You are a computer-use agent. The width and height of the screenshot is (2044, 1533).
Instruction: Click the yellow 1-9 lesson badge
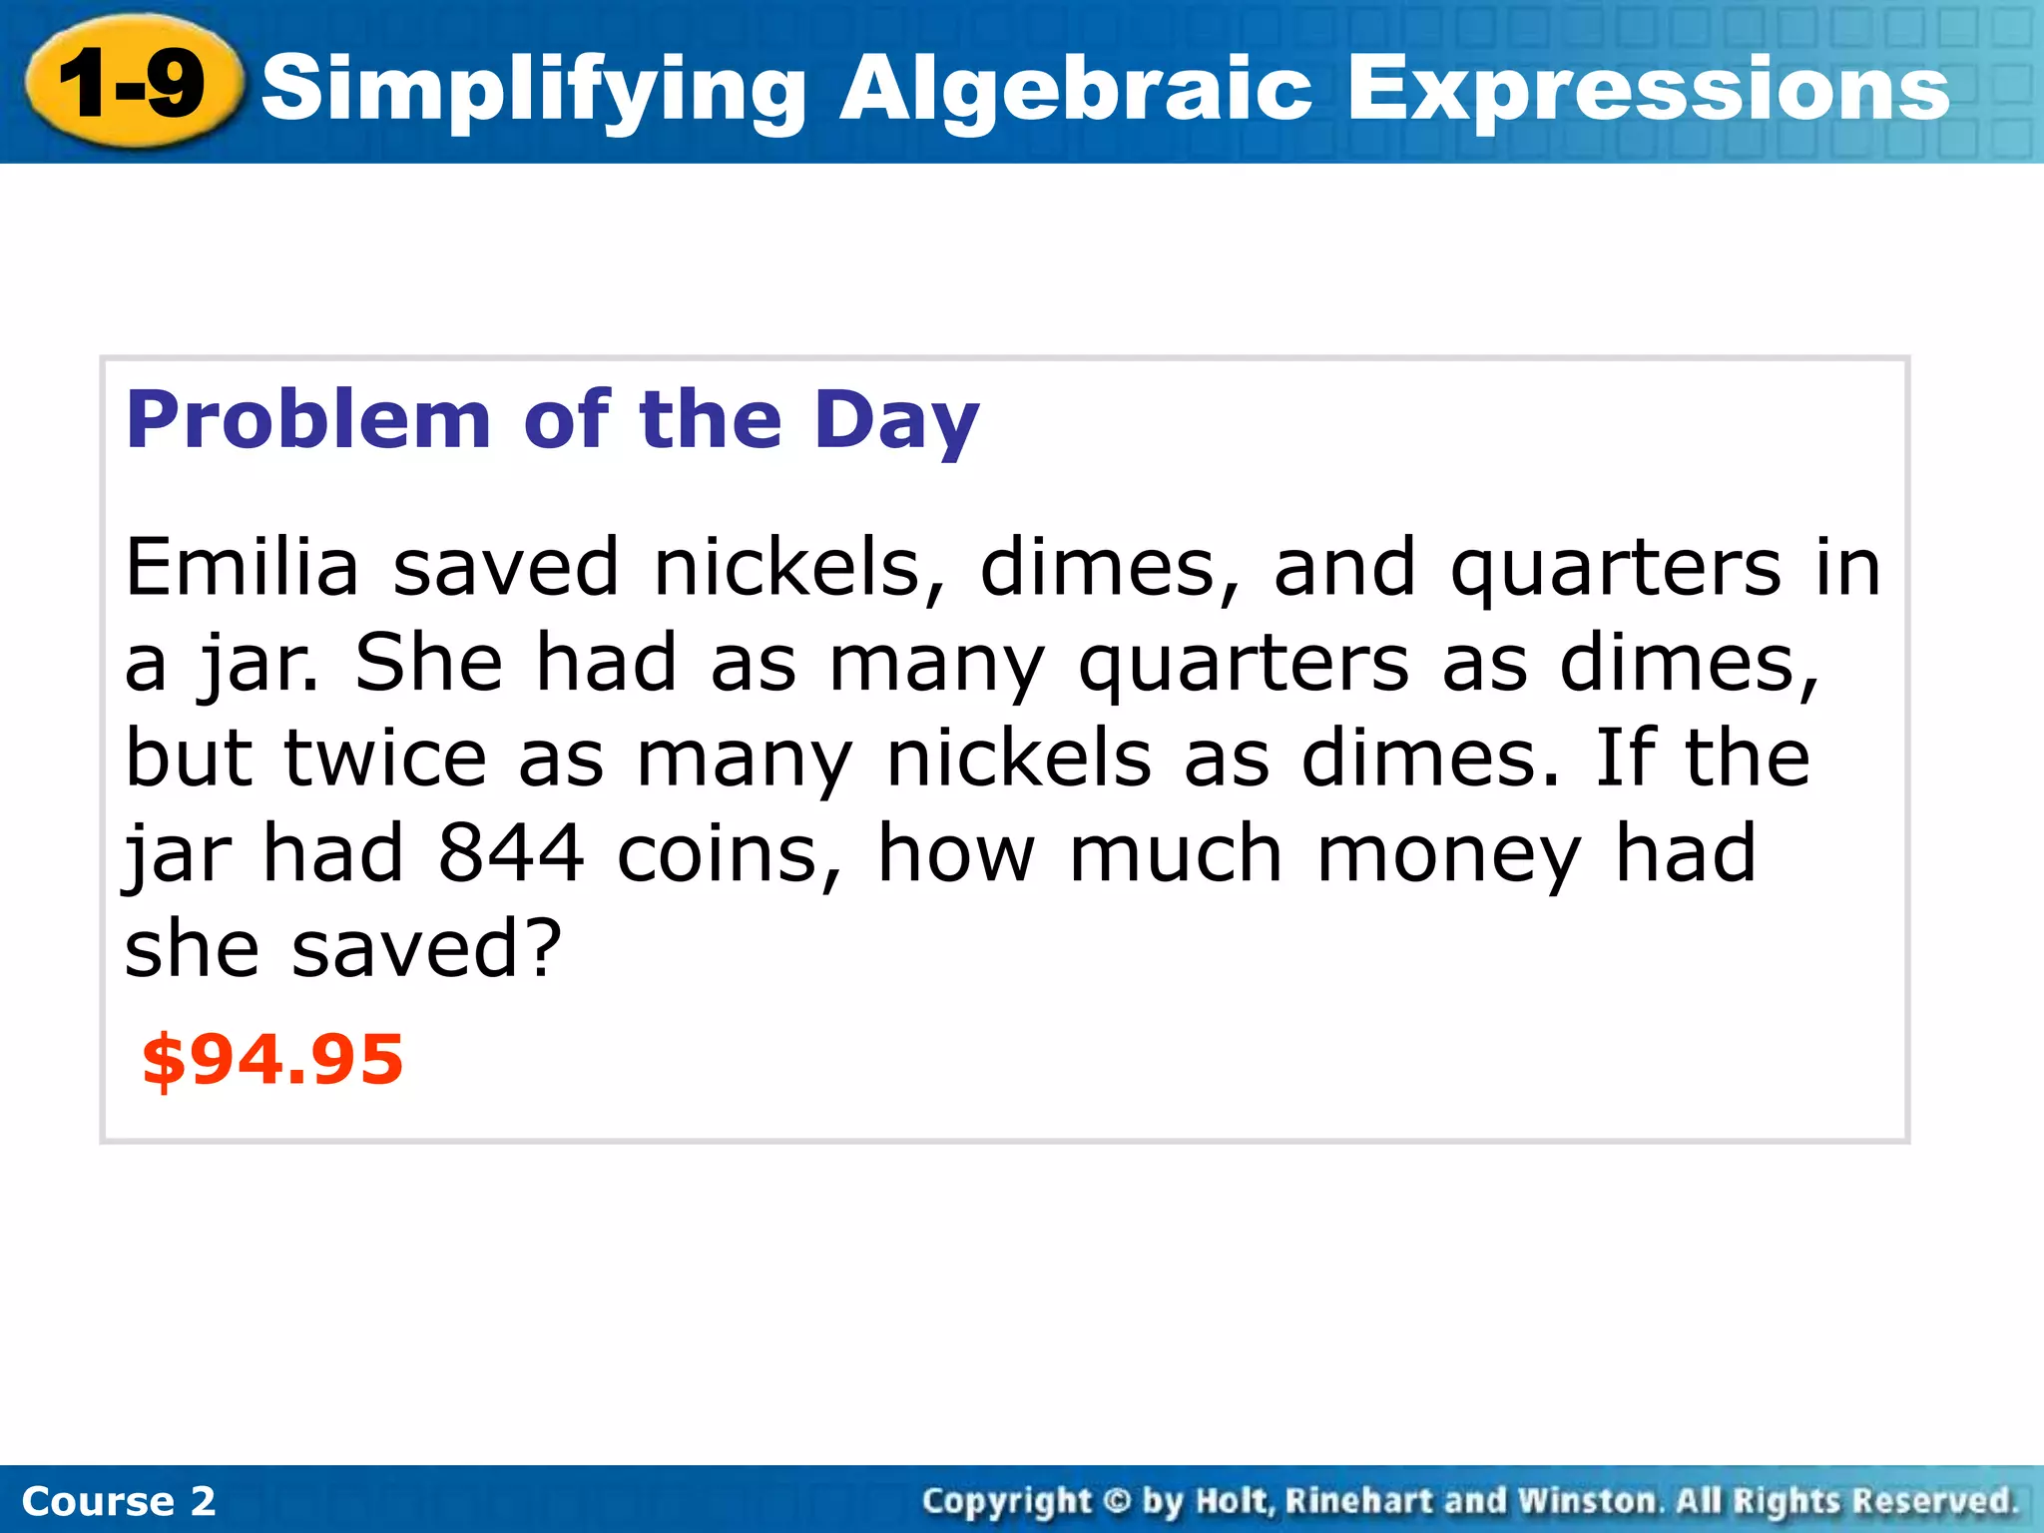pyautogui.click(x=133, y=84)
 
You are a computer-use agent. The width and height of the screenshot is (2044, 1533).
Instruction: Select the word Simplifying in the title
pyautogui.click(x=534, y=90)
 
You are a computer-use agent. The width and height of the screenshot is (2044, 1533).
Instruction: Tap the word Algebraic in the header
pyautogui.click(x=1076, y=90)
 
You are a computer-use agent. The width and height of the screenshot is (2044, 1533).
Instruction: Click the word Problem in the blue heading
pyautogui.click(x=308, y=419)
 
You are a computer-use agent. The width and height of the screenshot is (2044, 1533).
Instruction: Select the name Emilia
pyautogui.click(x=242, y=567)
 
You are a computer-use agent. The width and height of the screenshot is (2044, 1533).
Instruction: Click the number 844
pyautogui.click(x=510, y=854)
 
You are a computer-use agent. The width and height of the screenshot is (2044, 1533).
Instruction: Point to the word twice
pyautogui.click(x=385, y=759)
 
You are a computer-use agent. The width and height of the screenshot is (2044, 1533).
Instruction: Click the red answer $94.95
pyautogui.click(x=272, y=1060)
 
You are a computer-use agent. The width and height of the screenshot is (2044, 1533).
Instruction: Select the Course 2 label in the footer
pyautogui.click(x=119, y=1501)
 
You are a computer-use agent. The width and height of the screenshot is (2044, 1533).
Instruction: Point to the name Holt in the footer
pyautogui.click(x=1235, y=1501)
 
